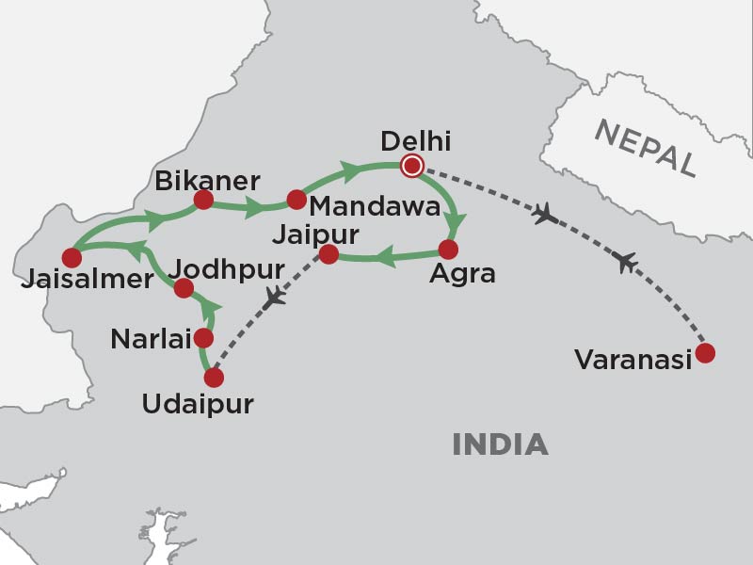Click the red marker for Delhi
pos(411,167)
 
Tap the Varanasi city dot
pos(704,353)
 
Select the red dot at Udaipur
pos(214,378)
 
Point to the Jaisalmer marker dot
pos(71,257)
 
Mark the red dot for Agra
pos(448,250)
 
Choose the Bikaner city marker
pos(202,200)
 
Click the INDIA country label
pos(500,444)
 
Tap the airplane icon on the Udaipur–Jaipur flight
pos(274,299)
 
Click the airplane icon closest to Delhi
pos(544,216)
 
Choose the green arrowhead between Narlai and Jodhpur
pos(213,306)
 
